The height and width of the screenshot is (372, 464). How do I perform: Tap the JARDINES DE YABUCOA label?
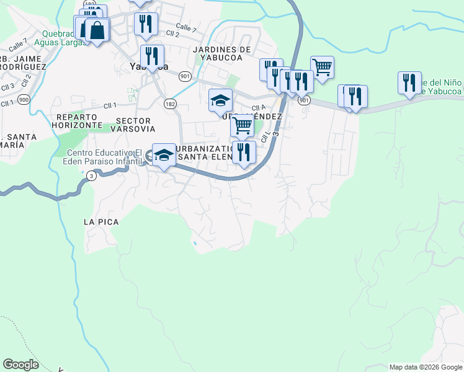pos(222,53)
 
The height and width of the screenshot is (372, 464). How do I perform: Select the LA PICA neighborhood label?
pos(100,221)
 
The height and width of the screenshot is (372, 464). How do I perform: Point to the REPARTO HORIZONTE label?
pos(78,120)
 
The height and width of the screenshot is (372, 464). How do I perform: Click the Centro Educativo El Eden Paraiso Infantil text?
pos(104,157)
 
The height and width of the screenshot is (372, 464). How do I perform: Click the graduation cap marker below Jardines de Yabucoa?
pos(220,100)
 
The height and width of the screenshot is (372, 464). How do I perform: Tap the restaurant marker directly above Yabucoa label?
pos(152,55)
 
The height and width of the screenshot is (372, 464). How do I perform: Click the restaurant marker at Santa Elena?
pos(244,152)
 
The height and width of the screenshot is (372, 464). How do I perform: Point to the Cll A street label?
pos(259,107)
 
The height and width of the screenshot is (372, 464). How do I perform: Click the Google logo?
pos(20,364)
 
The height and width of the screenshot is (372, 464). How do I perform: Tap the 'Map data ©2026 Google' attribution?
pos(426,367)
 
